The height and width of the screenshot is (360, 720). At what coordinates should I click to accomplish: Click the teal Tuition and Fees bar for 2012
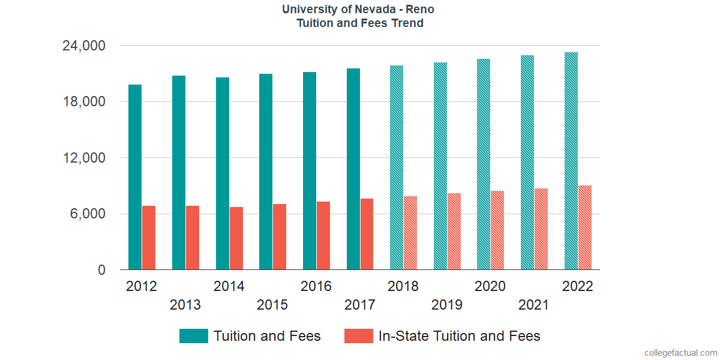pyautogui.click(x=135, y=177)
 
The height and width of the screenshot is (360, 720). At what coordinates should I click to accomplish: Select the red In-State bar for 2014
pyautogui.click(x=236, y=238)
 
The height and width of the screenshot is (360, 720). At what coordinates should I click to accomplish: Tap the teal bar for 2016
pyautogui.click(x=310, y=171)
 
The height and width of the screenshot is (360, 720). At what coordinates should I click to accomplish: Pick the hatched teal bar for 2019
pyautogui.click(x=440, y=166)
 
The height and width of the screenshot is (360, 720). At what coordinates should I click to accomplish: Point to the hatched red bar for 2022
pyautogui.click(x=585, y=227)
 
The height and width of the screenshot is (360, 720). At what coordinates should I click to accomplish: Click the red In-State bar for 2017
pyautogui.click(x=367, y=234)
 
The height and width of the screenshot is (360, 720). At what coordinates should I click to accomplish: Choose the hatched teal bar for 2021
pyautogui.click(x=527, y=163)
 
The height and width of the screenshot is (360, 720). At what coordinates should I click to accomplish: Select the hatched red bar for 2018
pyautogui.click(x=410, y=233)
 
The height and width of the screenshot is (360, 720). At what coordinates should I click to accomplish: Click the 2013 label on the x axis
pyautogui.click(x=185, y=305)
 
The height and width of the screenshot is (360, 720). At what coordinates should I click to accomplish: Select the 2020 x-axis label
pyautogui.click(x=490, y=286)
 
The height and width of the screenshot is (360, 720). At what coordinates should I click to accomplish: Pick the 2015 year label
pyautogui.click(x=272, y=305)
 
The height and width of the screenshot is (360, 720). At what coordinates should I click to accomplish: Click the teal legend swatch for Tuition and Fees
pyautogui.click(x=193, y=336)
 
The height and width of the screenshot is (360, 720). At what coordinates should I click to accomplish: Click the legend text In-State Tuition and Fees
pyautogui.click(x=460, y=336)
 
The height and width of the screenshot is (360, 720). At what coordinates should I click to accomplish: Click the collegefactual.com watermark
pyautogui.click(x=680, y=353)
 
